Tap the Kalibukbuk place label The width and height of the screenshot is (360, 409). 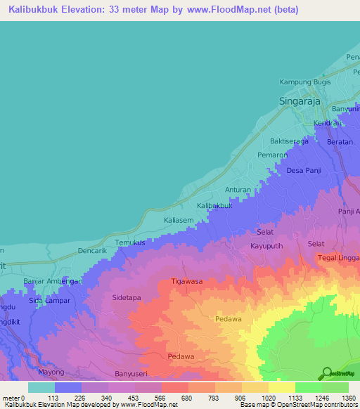(x=214, y=205)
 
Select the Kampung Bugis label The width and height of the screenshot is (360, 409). (x=305, y=81)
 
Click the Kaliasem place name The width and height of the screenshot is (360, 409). (x=179, y=220)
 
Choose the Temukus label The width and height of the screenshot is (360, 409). (x=129, y=242)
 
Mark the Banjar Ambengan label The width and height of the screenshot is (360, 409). (x=53, y=281)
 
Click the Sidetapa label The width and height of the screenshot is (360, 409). (x=127, y=297)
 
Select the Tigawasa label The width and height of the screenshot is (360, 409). (x=187, y=281)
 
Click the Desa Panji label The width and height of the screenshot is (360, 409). (x=303, y=171)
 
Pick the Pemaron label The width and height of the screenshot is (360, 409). (x=273, y=155)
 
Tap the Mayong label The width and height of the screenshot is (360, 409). (x=51, y=372)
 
